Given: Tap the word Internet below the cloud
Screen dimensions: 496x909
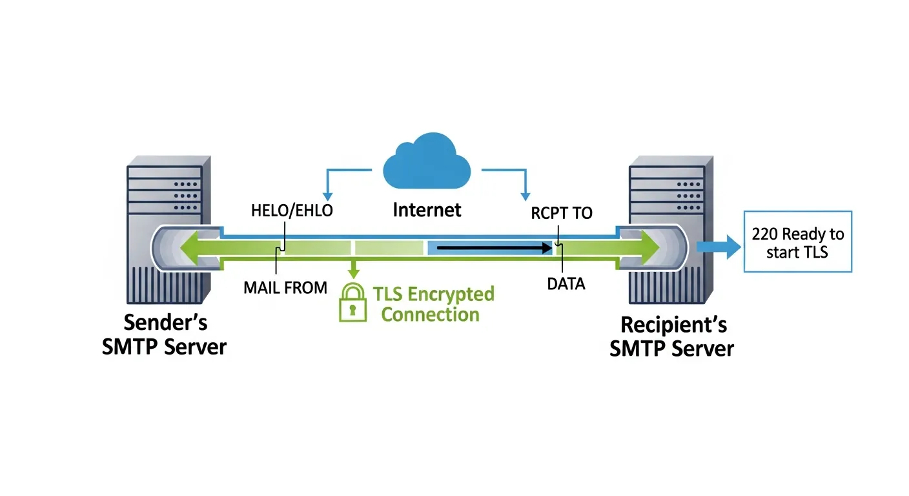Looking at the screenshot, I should click(x=427, y=210).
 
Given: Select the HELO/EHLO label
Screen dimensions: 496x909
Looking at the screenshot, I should click(x=291, y=211).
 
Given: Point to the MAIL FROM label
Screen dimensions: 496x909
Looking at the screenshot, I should click(x=285, y=287).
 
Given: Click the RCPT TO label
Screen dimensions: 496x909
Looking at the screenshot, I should click(x=562, y=213).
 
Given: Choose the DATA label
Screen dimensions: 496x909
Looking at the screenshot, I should click(x=566, y=284).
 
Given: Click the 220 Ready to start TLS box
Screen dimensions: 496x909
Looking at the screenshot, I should click(x=797, y=242).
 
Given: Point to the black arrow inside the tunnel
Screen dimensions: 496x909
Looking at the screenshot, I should click(x=494, y=247).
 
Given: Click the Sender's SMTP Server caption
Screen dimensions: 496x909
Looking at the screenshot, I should click(x=165, y=335).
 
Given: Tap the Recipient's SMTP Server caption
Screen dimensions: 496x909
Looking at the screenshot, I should click(x=672, y=336).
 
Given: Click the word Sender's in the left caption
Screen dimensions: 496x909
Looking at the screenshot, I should click(x=165, y=322).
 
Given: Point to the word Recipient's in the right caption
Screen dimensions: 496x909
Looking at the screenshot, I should click(x=672, y=324).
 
